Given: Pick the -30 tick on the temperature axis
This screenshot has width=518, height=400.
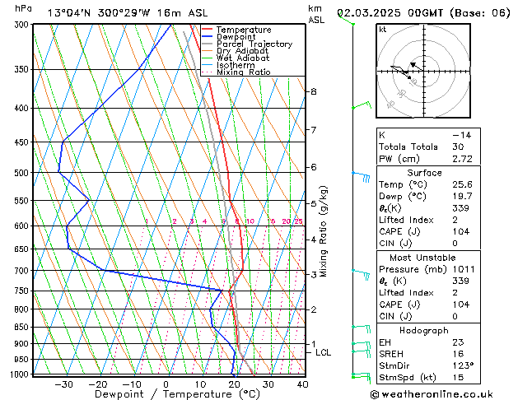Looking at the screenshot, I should [63, 384].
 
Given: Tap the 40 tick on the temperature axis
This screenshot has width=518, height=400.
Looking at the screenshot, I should [302, 384].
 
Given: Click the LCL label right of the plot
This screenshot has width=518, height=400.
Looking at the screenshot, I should [323, 352].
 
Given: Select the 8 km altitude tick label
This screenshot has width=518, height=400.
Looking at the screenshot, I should [314, 91].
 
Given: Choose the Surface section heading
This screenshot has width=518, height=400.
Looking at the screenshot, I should [425, 173].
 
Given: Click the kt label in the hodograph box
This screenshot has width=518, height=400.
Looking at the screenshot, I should [382, 30].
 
